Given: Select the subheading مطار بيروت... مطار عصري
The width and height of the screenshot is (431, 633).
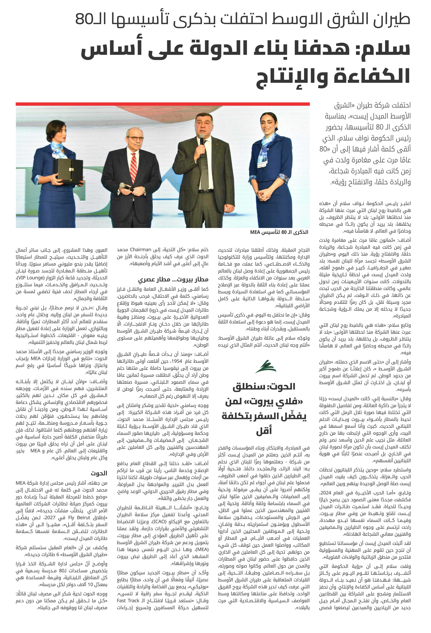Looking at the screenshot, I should (173, 279).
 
